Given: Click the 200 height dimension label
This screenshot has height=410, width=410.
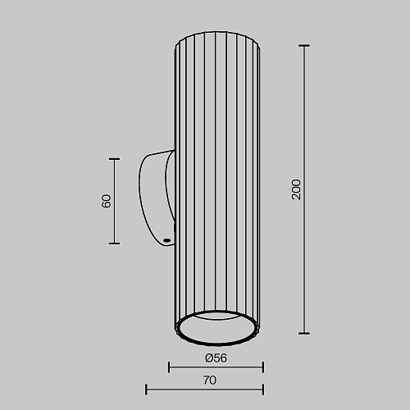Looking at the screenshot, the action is (296, 189).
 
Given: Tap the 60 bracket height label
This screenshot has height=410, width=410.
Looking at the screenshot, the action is (106, 201).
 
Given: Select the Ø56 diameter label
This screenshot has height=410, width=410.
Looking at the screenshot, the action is (216, 358).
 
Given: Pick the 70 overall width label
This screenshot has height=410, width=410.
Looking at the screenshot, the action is (210, 380).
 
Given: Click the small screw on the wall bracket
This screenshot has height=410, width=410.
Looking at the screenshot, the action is (166, 240).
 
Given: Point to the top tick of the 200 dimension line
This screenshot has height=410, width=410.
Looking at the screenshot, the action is (304, 46).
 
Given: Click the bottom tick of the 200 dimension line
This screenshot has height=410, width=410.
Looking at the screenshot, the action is (304, 333).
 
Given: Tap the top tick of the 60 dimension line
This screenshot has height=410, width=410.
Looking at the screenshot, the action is (114, 159).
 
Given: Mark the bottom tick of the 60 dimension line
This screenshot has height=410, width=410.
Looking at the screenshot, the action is (114, 244).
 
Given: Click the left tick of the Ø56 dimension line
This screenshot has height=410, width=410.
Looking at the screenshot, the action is (169, 367).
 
